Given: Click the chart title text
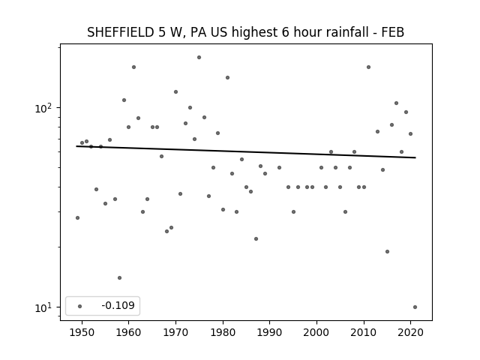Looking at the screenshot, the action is coord(245,32).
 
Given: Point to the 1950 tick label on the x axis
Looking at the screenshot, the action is coord(82,332).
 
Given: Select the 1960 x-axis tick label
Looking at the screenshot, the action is coord(128,332).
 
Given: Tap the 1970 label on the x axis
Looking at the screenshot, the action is coord(175,332).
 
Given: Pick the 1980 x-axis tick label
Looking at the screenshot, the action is coord(223,332).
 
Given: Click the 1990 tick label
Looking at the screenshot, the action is coord(270,332).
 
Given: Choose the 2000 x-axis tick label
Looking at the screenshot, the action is coord(316,332).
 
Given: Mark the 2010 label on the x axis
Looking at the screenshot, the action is coord(364,332).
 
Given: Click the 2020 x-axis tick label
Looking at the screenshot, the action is coord(411,332).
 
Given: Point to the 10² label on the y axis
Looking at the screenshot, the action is coord(43,108).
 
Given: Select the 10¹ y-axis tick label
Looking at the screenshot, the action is coord(43,307).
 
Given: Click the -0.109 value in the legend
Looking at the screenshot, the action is coord(118,305).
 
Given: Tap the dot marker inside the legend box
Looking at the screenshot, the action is coord(80,306).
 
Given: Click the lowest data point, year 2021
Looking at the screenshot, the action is coord(415,307).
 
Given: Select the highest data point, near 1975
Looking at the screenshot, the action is coord(199,57).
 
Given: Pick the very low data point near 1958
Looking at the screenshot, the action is coord(120,278).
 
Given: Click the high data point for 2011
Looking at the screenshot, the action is coord(368,67).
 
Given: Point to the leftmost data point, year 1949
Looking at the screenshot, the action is coord(77,218).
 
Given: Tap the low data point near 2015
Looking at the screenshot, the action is coord(387,252).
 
